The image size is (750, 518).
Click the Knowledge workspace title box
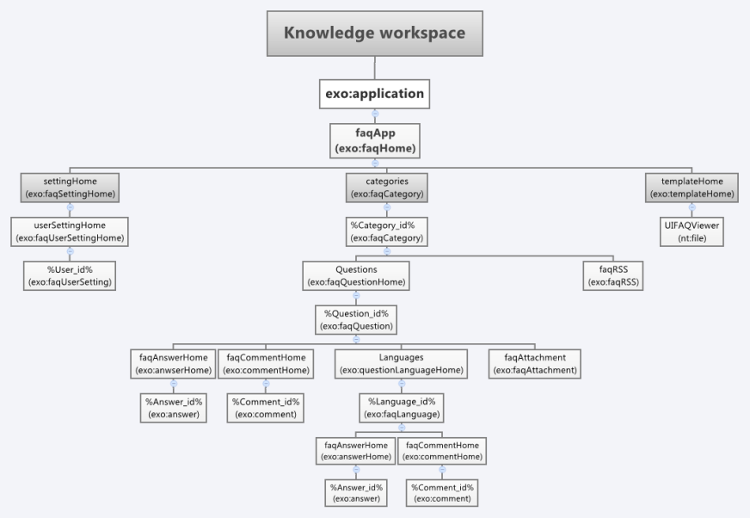(374, 34)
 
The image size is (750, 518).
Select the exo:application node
(374, 94)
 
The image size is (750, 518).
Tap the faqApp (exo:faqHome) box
(375, 141)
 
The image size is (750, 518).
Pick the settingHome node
(70, 188)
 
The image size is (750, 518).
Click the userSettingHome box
(70, 231)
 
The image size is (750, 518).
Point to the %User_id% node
(70, 275)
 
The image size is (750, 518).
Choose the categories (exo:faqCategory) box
(387, 188)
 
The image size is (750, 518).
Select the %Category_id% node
(387, 231)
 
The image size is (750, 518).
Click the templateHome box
(692, 188)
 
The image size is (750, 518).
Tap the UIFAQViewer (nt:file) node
(692, 231)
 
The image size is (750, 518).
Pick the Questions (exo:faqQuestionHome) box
(356, 275)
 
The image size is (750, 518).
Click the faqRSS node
(613, 275)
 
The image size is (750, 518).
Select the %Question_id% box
(356, 320)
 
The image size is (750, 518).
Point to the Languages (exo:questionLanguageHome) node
(402, 364)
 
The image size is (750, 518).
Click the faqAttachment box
(535, 364)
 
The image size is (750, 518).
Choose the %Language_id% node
(402, 408)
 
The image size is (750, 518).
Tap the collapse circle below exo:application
(375, 114)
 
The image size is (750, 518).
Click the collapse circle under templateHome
(692, 207)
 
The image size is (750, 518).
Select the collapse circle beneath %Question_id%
(356, 339)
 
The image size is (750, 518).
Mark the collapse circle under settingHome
(70, 207)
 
